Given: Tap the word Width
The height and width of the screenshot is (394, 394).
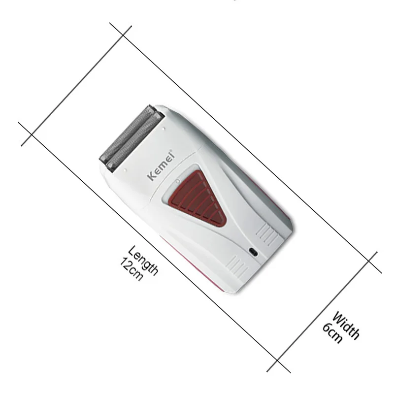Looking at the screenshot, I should click(346, 325).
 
